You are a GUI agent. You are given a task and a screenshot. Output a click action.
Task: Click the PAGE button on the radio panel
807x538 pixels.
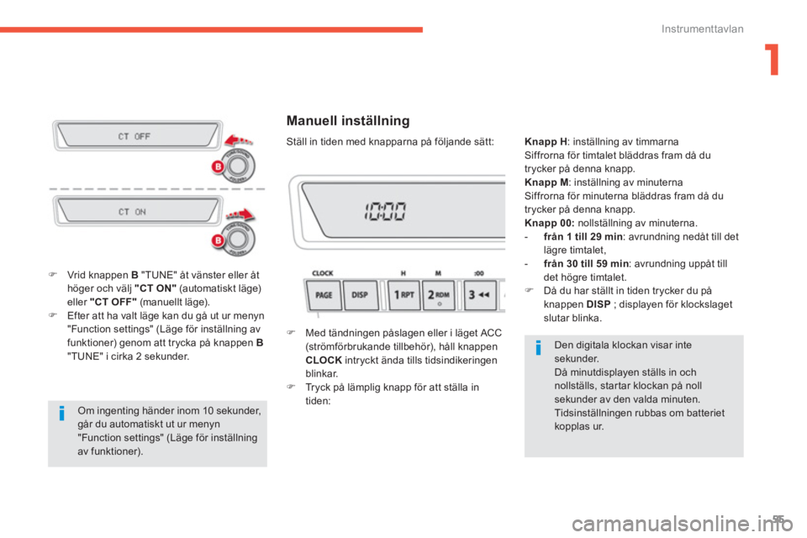324,295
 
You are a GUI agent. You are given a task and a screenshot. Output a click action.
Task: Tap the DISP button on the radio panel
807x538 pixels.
360,295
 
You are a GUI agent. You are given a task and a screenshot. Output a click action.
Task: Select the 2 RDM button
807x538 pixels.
438,295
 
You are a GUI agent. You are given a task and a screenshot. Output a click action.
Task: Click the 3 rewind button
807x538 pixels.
480,295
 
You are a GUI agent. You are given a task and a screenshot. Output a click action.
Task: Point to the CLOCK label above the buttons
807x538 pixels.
323,273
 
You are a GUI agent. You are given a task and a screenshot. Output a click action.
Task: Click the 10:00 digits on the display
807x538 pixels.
385,211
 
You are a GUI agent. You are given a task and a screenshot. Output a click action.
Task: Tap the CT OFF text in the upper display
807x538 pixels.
134,136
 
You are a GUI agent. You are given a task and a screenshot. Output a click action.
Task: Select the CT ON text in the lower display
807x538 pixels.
132,212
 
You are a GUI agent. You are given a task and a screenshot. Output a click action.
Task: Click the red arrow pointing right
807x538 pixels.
240,214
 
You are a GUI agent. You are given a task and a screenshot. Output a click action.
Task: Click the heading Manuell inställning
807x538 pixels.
348,121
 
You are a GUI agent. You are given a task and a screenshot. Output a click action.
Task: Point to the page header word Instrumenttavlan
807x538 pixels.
703,29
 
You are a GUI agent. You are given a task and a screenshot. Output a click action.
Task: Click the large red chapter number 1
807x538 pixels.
773,60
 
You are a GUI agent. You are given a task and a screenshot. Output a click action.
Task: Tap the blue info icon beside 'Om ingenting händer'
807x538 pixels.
61,414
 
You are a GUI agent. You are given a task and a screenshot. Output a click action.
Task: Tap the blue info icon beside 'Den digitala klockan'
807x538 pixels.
538,348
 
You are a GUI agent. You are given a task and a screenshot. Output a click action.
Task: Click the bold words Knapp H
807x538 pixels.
546,141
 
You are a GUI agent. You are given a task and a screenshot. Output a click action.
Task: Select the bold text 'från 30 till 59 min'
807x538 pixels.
586,264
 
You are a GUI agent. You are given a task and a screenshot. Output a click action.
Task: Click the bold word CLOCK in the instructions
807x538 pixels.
324,360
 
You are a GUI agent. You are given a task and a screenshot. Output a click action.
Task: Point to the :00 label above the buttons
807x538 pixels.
479,273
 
